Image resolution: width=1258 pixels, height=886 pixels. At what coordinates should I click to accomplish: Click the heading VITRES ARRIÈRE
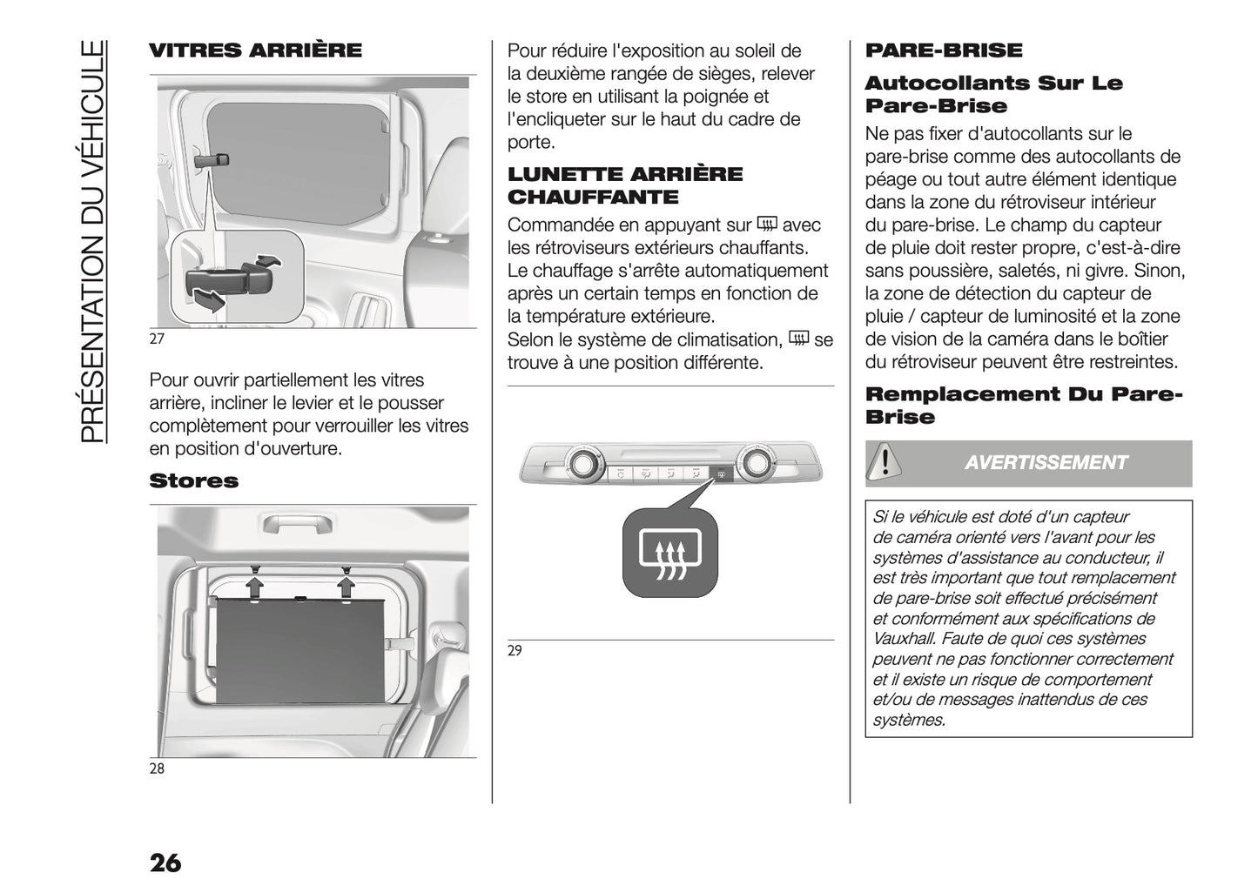click(255, 50)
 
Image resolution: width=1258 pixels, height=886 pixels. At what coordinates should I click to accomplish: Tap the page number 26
click(165, 863)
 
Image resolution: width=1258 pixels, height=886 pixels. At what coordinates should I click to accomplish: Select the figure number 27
click(157, 339)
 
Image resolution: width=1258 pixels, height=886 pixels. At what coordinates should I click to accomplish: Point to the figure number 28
click(157, 769)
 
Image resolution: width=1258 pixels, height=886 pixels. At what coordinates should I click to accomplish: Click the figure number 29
click(515, 651)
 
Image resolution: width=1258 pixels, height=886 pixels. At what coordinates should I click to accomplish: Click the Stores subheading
click(193, 481)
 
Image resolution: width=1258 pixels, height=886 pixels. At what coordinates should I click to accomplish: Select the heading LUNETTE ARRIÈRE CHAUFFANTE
click(625, 185)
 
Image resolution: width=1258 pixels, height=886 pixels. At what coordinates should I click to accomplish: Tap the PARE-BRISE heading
click(944, 50)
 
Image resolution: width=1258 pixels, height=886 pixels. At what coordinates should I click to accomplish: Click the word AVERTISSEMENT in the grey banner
click(1046, 463)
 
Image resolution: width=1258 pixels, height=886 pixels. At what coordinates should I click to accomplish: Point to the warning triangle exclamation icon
click(885, 460)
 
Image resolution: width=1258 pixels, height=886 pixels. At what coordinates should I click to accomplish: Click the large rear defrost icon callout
click(669, 554)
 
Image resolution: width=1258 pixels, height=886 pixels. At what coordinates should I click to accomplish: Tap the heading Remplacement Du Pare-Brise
click(1023, 406)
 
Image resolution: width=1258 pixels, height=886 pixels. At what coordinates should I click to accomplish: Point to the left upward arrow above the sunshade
click(255, 585)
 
